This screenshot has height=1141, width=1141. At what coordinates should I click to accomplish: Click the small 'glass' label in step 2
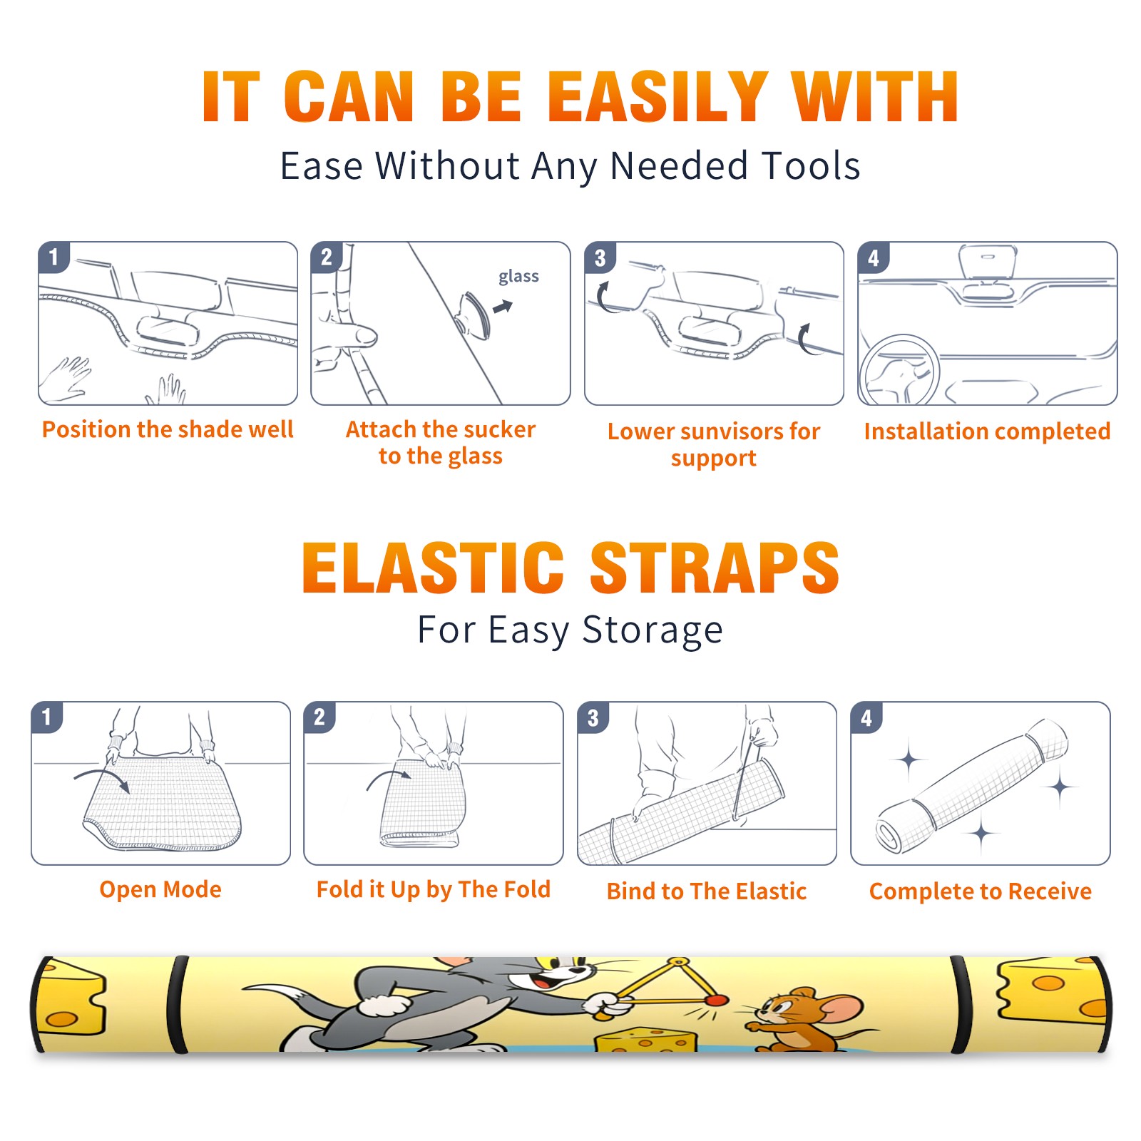point(518,277)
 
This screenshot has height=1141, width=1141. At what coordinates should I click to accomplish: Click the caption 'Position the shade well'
point(168,429)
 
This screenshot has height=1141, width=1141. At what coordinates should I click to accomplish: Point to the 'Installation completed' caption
point(987,431)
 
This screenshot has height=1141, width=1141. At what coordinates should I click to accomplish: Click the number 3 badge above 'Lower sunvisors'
point(600,258)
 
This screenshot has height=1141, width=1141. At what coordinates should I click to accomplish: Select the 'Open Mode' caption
point(160,889)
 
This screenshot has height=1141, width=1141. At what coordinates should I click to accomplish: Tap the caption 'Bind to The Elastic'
point(707,891)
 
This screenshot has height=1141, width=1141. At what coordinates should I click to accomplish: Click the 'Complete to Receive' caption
point(981,891)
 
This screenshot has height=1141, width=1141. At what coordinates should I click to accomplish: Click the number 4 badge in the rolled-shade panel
point(866,718)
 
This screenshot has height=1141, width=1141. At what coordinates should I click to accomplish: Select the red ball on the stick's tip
point(717,1001)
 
